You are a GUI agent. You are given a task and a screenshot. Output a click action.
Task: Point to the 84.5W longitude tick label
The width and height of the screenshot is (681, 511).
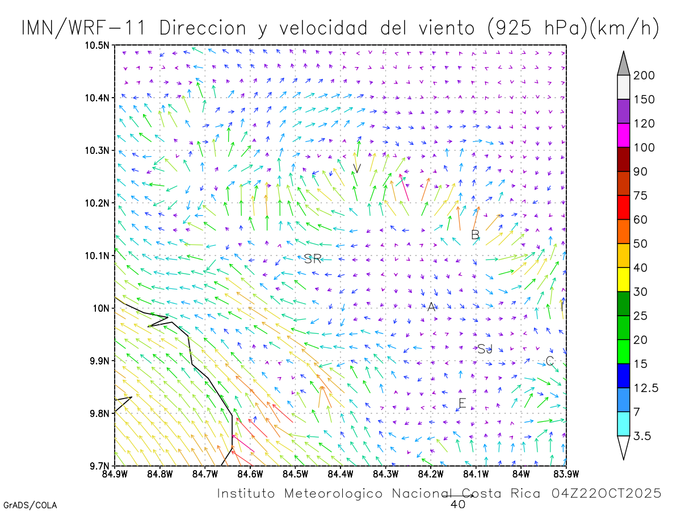pos(295,472)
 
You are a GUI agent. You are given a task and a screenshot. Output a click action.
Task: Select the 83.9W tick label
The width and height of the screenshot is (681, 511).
pos(565,472)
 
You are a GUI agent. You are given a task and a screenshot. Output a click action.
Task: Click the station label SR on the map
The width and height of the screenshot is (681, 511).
pos(313,259)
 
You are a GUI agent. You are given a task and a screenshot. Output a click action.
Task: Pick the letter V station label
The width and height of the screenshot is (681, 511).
pos(357,168)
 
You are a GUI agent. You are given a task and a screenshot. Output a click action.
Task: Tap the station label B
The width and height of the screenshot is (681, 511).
pos(476,234)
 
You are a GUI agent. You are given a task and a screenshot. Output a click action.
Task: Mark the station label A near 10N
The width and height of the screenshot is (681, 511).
pos(431,307)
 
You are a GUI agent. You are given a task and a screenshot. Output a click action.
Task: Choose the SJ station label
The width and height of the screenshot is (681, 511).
pos(485,349)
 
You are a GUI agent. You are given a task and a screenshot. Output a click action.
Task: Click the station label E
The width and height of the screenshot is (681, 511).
pos(462,404)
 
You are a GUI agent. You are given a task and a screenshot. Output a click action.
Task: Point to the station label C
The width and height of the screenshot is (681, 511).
pos(549,361)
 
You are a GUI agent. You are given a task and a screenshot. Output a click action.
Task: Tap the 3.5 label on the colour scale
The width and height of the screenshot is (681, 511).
pos(642,436)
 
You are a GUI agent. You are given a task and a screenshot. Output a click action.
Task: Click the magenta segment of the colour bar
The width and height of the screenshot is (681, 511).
pos(624,135)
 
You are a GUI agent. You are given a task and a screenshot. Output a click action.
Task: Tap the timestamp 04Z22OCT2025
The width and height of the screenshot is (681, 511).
pos(606,493)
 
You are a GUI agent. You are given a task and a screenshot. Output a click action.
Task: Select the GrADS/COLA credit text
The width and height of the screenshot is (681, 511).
pos(30,505)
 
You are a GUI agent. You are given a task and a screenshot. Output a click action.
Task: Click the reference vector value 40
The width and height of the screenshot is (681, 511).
pos(457,504)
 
